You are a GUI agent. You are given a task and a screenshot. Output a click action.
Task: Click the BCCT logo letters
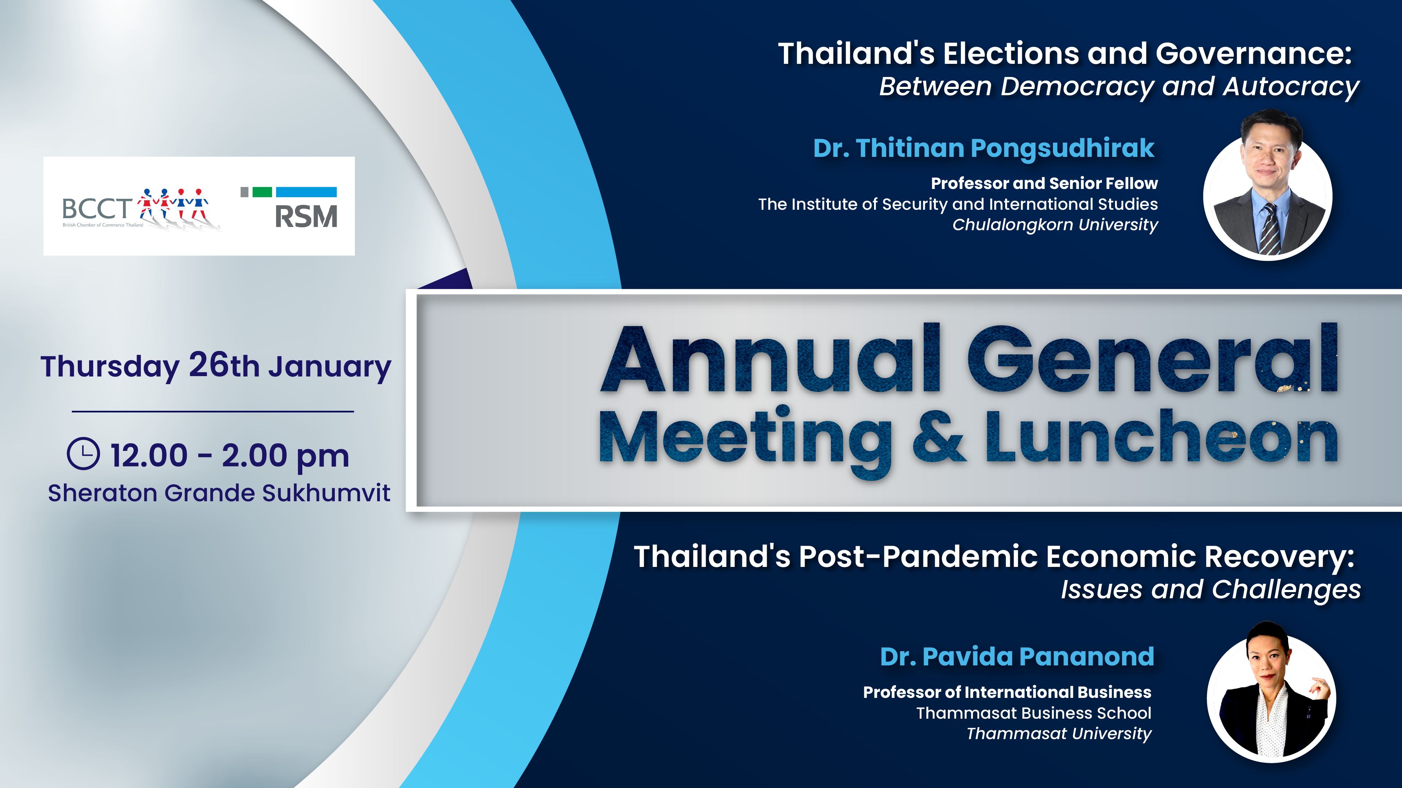pos(97,208)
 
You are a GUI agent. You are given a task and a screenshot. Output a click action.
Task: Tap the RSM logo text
pos(306,216)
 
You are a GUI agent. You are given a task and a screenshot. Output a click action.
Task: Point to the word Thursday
pos(110,367)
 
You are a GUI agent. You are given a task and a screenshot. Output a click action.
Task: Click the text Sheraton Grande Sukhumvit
pos(219,493)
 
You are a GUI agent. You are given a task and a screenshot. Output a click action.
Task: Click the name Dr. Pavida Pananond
pos(1017,656)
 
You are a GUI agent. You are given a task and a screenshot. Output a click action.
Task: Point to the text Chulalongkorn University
pos(1055,225)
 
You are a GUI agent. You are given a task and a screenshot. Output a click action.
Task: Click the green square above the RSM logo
pos(263,192)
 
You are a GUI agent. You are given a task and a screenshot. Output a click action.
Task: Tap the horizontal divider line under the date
pos(213,412)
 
